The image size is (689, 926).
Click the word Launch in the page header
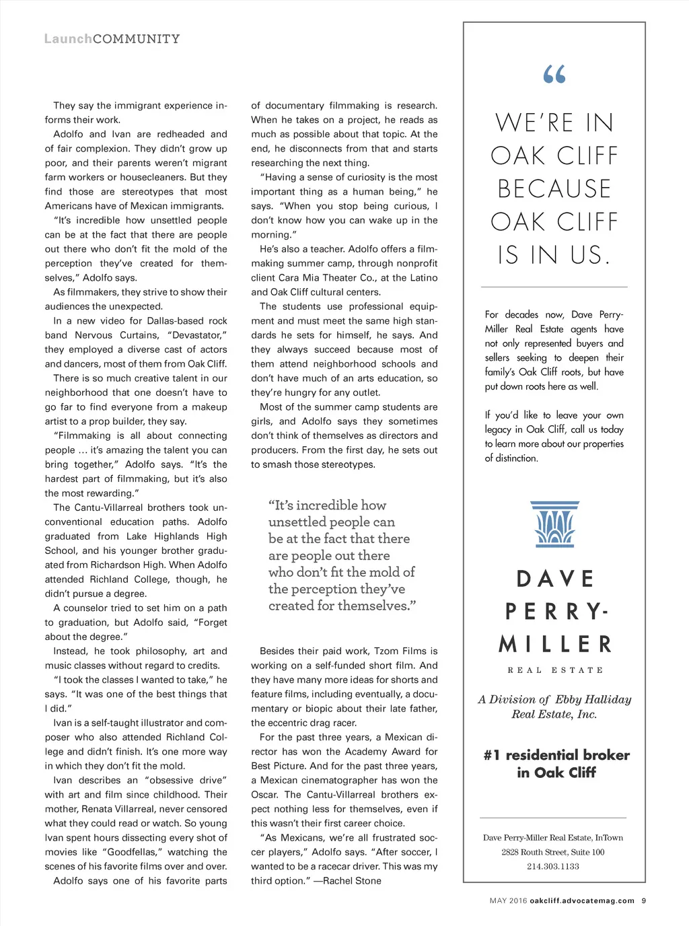tap(68, 39)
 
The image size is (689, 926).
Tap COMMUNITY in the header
tap(137, 39)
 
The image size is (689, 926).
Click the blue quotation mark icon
tap(554, 74)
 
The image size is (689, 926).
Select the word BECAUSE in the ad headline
tap(554, 189)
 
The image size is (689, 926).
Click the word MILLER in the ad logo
tap(555, 644)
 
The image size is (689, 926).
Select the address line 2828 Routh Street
tap(553, 852)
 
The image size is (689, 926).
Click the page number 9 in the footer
tap(644, 900)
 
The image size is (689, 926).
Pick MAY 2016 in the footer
tap(508, 900)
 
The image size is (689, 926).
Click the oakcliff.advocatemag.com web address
tap(582, 900)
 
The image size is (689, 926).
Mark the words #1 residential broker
tap(556, 755)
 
